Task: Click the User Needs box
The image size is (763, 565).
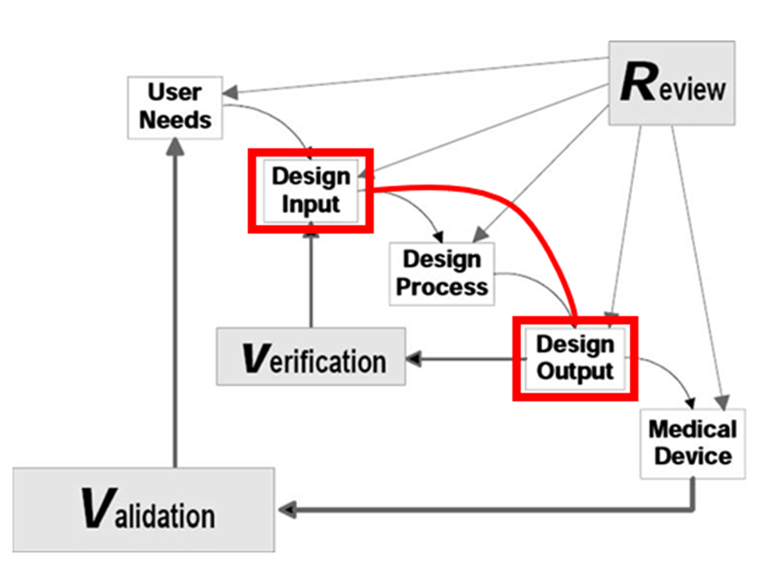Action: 175,107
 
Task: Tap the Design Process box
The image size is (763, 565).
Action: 442,273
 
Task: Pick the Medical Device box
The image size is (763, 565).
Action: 693,442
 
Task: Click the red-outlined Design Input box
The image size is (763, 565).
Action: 311,191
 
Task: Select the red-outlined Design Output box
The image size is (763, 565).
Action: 574,357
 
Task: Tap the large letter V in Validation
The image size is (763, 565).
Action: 96,508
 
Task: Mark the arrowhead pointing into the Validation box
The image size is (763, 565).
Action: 285,509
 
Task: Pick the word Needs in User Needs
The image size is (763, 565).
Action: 175,119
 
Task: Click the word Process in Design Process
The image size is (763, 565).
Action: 442,287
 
